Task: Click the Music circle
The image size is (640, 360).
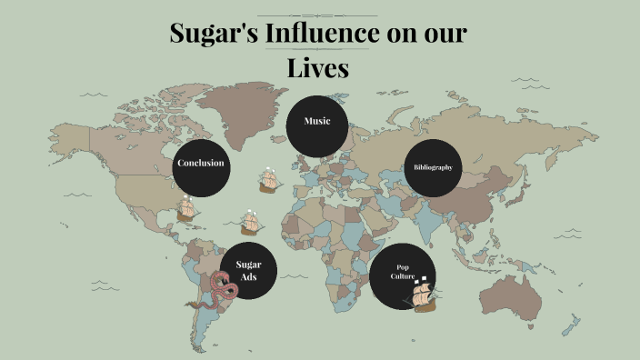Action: pyautogui.click(x=317, y=122)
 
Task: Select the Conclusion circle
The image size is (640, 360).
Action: pyautogui.click(x=201, y=165)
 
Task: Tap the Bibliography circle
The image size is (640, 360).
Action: pyautogui.click(x=433, y=167)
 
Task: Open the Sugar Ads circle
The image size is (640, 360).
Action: pyautogui.click(x=248, y=271)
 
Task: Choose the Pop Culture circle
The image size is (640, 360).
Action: pyautogui.click(x=397, y=274)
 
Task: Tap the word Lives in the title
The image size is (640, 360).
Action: pyautogui.click(x=318, y=67)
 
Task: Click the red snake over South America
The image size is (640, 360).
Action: pyautogui.click(x=224, y=288)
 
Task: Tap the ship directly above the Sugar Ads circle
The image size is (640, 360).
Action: pyautogui.click(x=251, y=222)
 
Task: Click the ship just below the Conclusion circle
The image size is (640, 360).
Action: pyautogui.click(x=186, y=209)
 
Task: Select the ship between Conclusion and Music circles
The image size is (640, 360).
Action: pyautogui.click(x=268, y=179)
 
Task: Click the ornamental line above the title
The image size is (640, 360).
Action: pyautogui.click(x=317, y=15)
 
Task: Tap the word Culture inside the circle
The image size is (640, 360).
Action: pyautogui.click(x=403, y=275)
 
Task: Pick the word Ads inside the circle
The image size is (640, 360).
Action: pyautogui.click(x=248, y=277)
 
